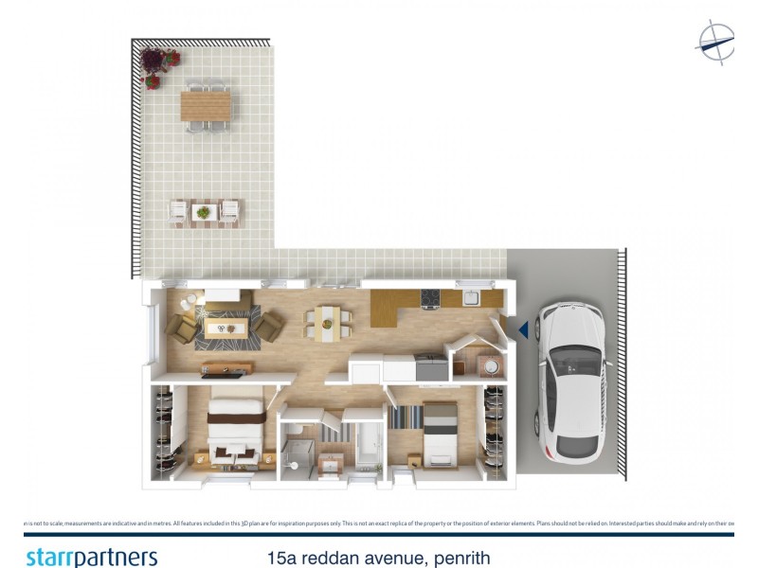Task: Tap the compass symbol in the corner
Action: point(715,42)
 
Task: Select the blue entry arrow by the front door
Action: point(521,328)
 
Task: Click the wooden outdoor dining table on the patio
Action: point(206,105)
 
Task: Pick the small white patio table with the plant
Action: point(204,212)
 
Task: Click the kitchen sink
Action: point(470,299)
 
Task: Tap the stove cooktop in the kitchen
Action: point(431,299)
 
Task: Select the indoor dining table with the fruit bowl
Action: point(326,323)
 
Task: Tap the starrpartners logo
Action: point(92,557)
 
